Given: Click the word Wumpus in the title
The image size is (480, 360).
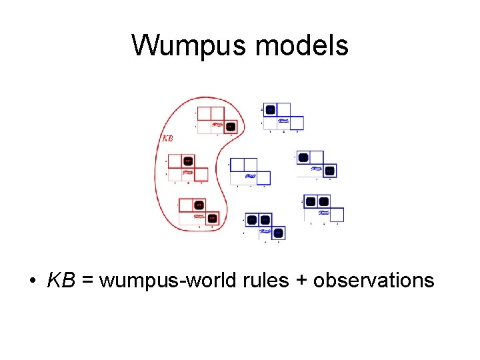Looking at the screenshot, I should pyautogui.click(x=189, y=46).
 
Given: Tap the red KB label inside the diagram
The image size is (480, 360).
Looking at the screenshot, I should pyautogui.click(x=169, y=139).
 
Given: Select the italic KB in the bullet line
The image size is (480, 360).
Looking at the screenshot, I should pyautogui.click(x=61, y=280).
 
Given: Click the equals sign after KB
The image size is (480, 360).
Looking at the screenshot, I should pyautogui.click(x=87, y=280).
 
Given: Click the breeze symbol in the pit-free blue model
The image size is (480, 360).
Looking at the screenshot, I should pyautogui.click(x=251, y=177).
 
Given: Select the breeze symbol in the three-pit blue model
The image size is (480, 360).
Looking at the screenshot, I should pyautogui.click(x=265, y=231).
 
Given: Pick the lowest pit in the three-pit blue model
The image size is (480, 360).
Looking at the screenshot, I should pyautogui.click(x=279, y=233).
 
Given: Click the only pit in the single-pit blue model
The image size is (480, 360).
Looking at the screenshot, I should pyautogui.click(x=270, y=109).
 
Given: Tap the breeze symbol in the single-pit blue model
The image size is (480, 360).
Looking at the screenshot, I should pyautogui.click(x=283, y=121).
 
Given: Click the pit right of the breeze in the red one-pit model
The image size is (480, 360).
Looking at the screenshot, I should pyautogui.click(x=230, y=125).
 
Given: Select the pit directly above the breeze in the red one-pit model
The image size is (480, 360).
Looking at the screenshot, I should pyautogui.click(x=188, y=161).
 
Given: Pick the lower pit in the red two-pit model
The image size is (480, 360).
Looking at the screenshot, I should pyautogui.click(x=212, y=218).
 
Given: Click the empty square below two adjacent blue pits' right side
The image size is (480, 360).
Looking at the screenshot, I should pyautogui.click(x=337, y=215).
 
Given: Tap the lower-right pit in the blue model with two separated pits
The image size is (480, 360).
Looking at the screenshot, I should pyautogui.click(x=330, y=171).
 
